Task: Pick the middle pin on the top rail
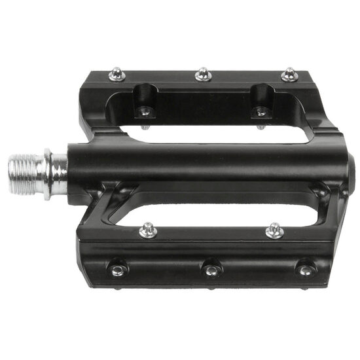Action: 202,75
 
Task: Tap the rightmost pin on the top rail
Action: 289,75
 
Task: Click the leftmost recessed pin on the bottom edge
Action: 117,269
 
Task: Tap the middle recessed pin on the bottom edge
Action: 211,269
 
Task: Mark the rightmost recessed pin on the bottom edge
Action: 304,269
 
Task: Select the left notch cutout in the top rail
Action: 145,98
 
